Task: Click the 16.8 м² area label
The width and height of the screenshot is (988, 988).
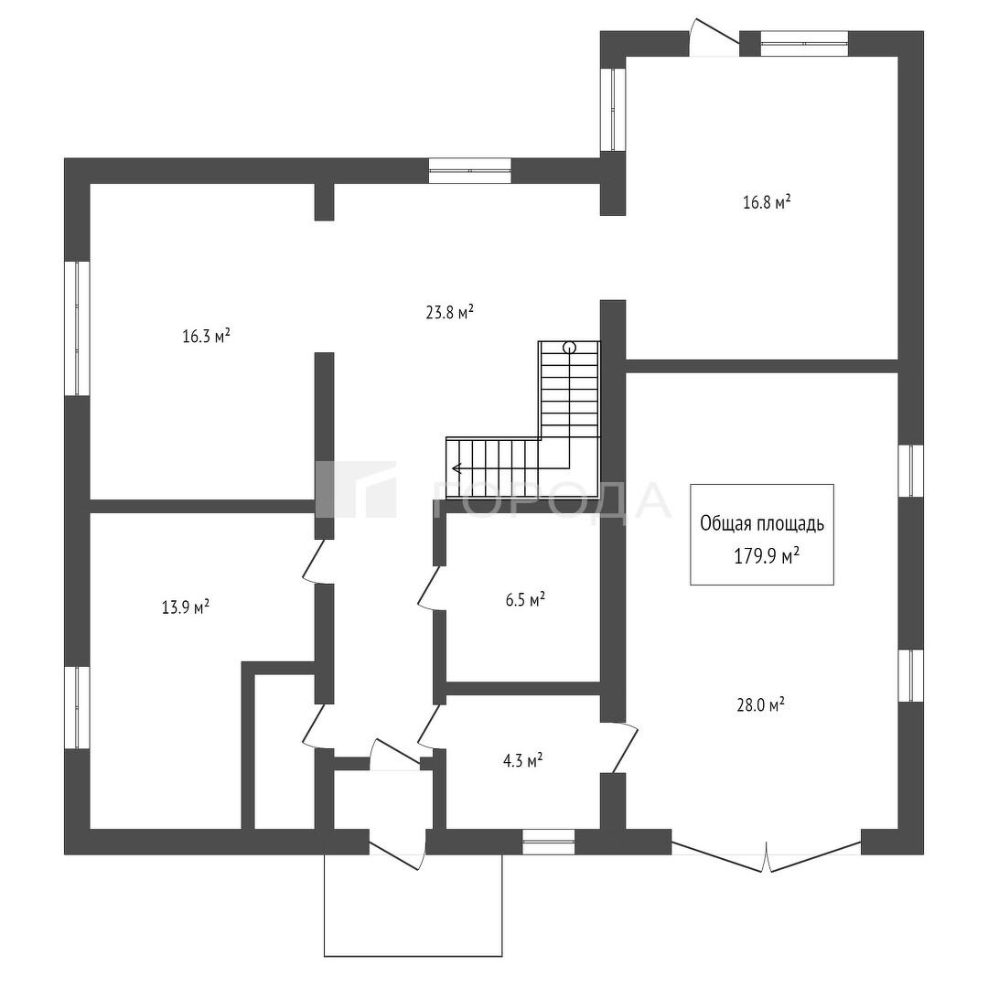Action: (767, 202)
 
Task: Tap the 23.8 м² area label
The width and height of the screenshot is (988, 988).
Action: (450, 313)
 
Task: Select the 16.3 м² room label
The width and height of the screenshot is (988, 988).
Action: (206, 336)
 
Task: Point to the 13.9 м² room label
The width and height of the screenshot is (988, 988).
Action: (186, 607)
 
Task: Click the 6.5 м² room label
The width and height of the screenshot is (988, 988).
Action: (525, 599)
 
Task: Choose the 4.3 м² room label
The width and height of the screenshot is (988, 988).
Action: (523, 760)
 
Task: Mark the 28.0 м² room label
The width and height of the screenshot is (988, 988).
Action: (760, 703)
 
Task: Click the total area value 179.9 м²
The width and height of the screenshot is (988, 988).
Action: (767, 555)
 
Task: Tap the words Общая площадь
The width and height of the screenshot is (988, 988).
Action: (762, 523)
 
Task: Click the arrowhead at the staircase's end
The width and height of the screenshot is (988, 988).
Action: (455, 468)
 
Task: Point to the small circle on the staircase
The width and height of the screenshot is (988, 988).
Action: (570, 347)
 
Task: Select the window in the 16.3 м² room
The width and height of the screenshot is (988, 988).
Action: (77, 328)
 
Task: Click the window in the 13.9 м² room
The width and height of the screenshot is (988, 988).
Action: (77, 707)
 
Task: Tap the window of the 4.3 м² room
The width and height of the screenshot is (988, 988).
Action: (548, 842)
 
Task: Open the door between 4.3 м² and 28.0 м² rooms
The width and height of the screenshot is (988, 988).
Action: (625, 747)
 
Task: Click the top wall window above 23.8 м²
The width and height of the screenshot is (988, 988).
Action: (469, 171)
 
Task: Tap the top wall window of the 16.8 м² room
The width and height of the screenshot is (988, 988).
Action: (803, 44)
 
